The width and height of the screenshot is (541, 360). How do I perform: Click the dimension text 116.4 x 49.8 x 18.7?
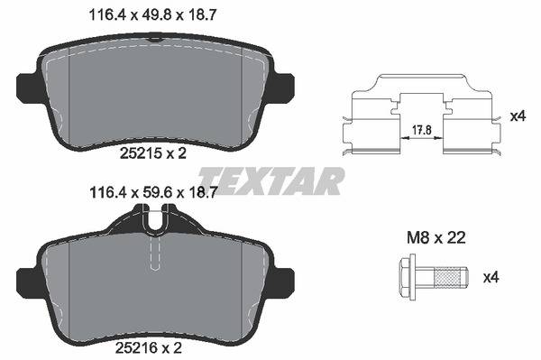152,15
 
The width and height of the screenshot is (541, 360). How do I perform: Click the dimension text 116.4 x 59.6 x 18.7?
153,192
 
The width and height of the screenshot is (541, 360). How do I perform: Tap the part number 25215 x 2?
153,153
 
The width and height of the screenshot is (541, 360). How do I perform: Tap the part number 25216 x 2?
149,348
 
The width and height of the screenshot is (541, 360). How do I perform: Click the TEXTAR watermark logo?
271,181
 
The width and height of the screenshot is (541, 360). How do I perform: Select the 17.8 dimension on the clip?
422,130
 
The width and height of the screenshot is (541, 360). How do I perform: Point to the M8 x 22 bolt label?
436,238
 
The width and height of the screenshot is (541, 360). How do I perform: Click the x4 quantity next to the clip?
518,116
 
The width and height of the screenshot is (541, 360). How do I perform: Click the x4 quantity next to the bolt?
491,277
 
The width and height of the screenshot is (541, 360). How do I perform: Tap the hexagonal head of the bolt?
408,277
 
